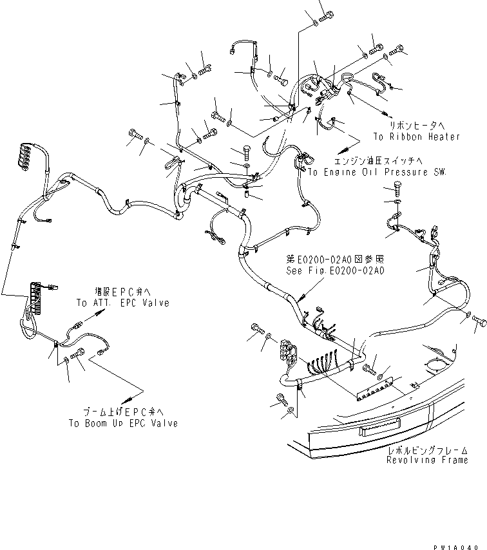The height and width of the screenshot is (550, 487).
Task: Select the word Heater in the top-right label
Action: pyautogui.click(x=444, y=137)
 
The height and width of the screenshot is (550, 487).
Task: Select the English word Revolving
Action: pyautogui.click(x=412, y=460)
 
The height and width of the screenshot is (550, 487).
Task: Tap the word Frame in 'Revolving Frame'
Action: pyautogui.click(x=454, y=460)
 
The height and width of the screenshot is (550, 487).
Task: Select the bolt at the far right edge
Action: pyautogui.click(x=479, y=320)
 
